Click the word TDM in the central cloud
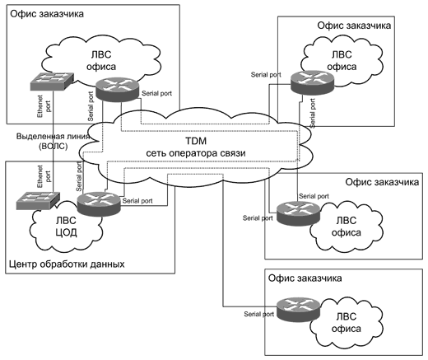(196, 141)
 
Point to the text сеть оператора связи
(196, 153)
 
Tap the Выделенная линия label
(53, 136)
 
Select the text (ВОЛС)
(53, 146)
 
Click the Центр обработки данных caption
(67, 264)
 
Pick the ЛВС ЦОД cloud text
(66, 227)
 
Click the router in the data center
(99, 203)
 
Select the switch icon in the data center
(38, 201)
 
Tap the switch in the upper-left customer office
(52, 82)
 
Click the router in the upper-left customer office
(117, 89)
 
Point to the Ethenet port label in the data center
(44, 176)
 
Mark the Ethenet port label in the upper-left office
(44, 106)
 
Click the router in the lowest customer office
(298, 310)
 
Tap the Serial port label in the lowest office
(258, 314)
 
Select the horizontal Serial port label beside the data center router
(137, 201)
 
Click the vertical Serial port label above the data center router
(79, 176)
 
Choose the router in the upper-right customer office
(313, 82)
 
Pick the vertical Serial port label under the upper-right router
(313, 113)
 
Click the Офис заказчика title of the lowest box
(305, 278)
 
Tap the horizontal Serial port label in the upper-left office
(156, 93)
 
